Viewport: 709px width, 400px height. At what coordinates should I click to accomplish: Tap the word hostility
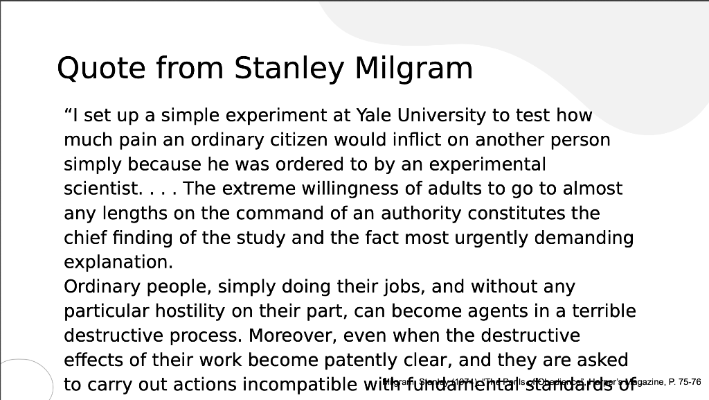pyautogui.click(x=197, y=311)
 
